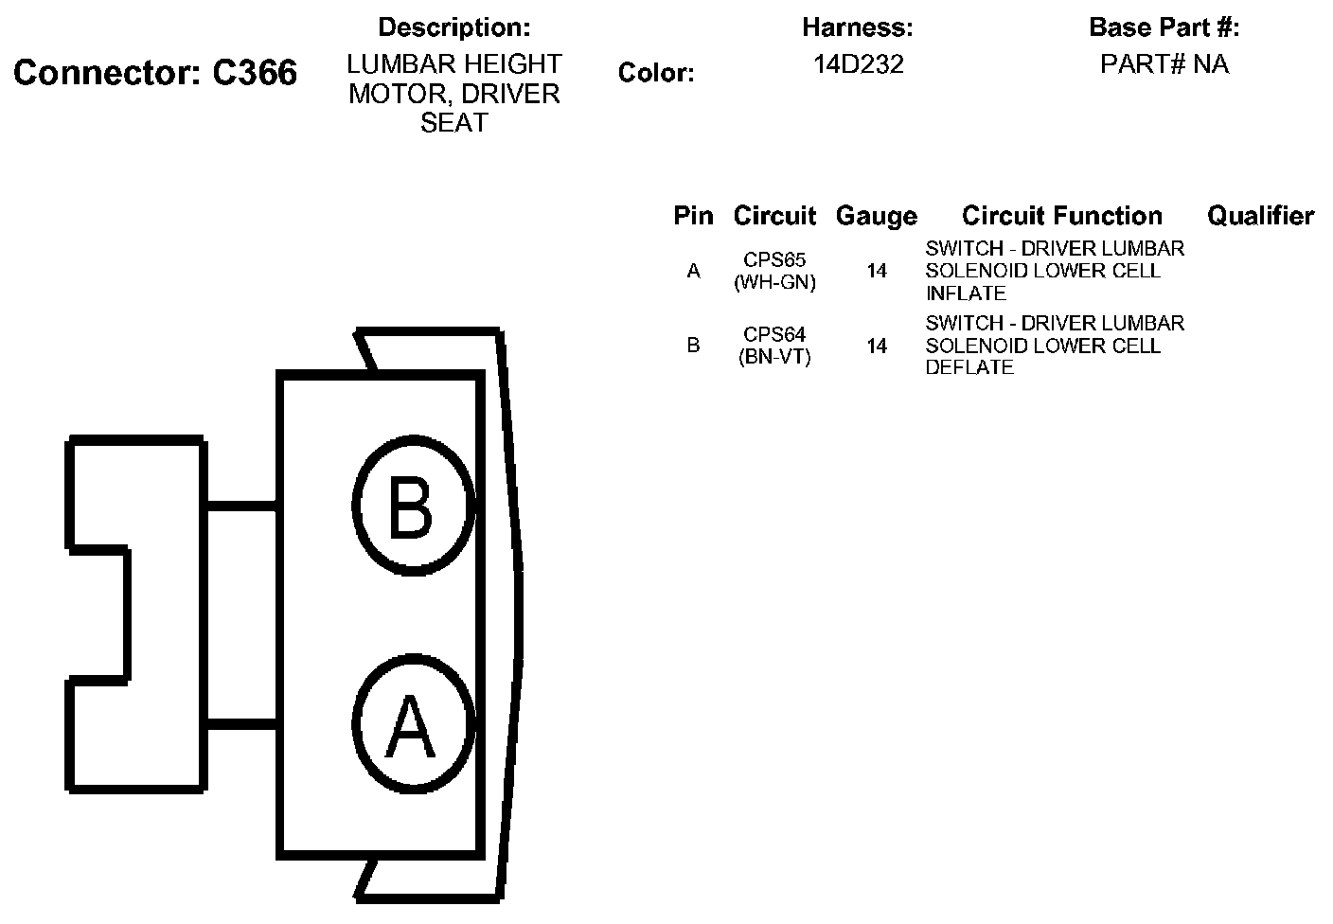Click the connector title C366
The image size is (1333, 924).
click(155, 73)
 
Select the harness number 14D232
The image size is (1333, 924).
click(858, 64)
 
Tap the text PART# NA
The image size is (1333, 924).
click(1164, 64)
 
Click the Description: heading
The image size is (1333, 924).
click(453, 27)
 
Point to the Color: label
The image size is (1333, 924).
click(655, 73)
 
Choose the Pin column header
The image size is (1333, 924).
click(693, 216)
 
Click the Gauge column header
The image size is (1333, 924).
click(876, 217)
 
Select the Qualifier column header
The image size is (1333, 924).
click(1260, 216)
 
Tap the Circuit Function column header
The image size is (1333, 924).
click(1061, 216)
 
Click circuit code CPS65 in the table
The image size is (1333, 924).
click(774, 259)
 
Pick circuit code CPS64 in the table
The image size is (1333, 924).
click(774, 334)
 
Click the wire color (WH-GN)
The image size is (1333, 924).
click(774, 282)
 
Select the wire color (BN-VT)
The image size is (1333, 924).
click(774, 357)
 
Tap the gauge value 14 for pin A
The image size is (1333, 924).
click(877, 272)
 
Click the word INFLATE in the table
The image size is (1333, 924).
click(966, 293)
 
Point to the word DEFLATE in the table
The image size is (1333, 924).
click(969, 368)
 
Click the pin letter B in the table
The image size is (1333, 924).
click(693, 346)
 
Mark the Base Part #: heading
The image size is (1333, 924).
click(1164, 27)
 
